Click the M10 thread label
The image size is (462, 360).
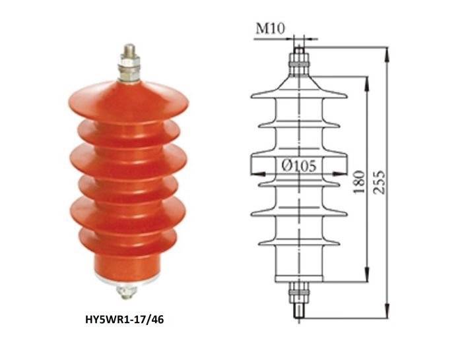271,28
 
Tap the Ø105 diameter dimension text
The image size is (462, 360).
299,165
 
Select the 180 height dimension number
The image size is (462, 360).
359,181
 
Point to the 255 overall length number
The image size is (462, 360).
379,182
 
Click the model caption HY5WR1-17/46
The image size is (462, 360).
124,319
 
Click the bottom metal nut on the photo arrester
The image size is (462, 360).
127,291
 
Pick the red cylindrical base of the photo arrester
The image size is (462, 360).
127,265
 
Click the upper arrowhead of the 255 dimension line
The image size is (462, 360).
387,54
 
